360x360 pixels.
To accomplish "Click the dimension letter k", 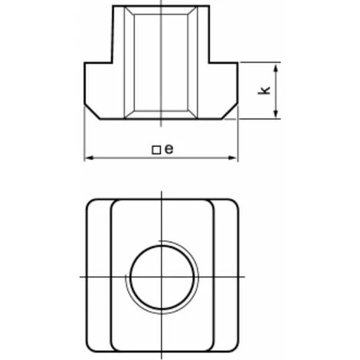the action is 264,90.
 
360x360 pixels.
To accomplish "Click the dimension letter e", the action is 169,149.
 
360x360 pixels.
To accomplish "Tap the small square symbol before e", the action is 156,150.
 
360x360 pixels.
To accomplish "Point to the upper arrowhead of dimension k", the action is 276,69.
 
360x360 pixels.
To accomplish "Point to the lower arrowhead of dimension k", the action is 276,113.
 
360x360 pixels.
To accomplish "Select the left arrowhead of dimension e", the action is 90,158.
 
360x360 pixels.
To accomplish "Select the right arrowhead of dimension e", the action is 233,158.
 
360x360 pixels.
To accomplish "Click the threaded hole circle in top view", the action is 162,277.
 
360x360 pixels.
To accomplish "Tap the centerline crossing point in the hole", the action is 162,277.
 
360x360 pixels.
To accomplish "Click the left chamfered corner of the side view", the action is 92,112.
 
